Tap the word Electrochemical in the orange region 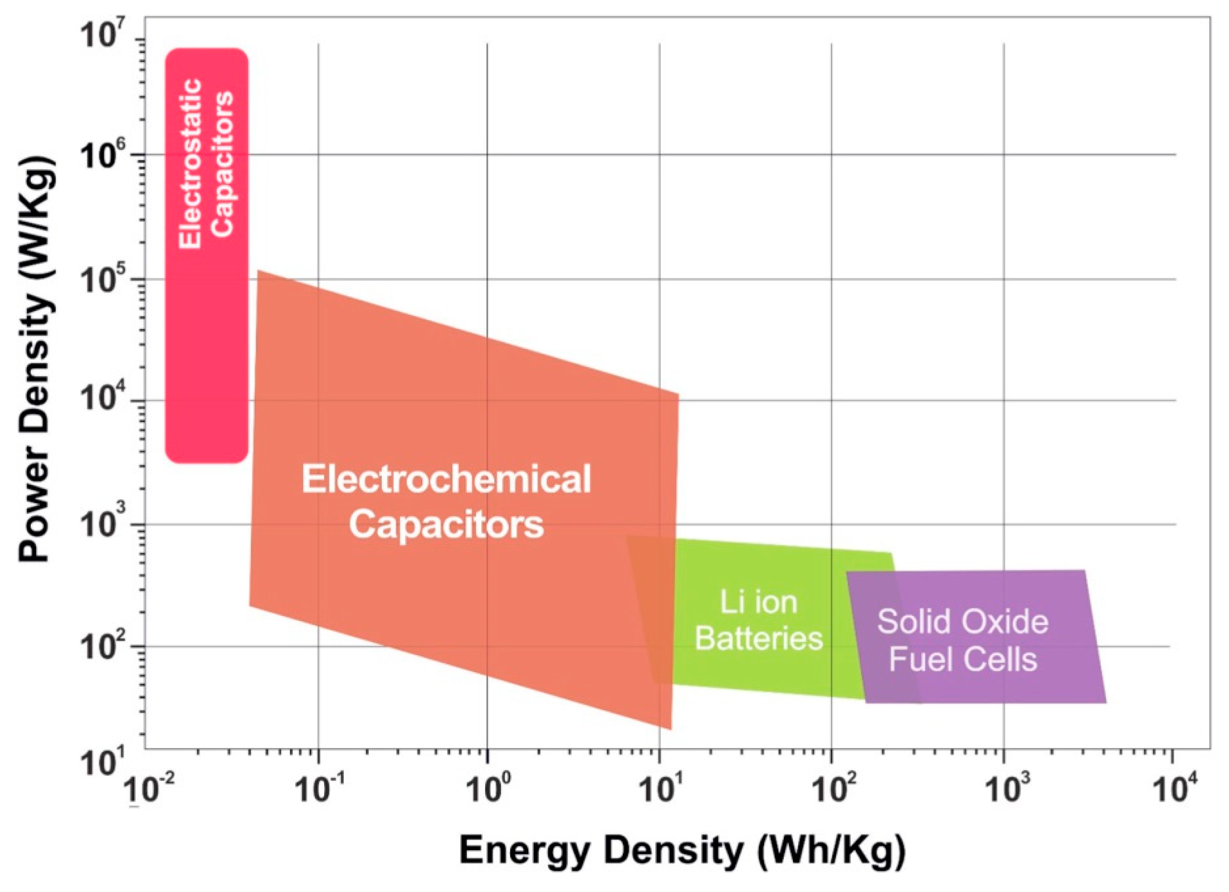[446, 480]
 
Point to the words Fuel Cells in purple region [963, 660]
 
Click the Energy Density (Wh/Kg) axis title [683, 851]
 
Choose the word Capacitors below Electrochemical [446, 525]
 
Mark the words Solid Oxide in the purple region [963, 622]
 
